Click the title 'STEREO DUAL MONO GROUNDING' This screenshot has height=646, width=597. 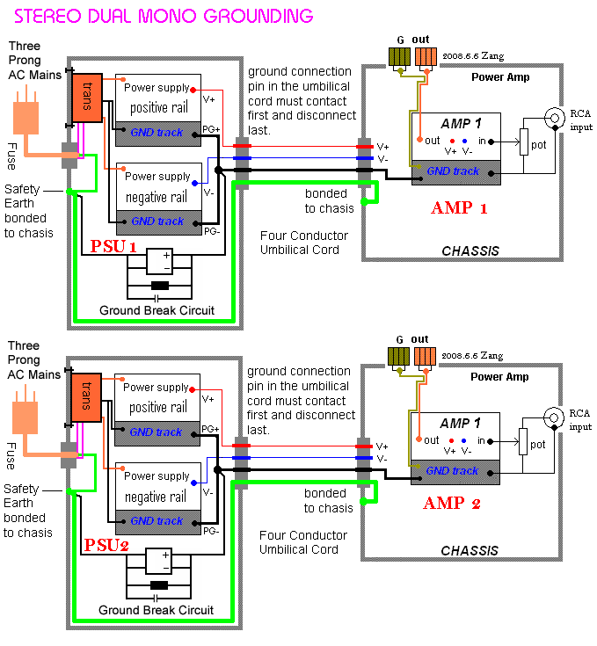[x=164, y=16]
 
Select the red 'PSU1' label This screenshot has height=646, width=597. [x=113, y=247]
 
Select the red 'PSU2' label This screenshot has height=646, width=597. [x=106, y=546]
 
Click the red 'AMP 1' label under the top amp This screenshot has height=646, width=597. [x=458, y=208]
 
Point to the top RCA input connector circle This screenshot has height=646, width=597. [x=555, y=118]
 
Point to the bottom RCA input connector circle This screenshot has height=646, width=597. [x=555, y=417]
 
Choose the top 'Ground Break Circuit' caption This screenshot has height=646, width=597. [x=157, y=310]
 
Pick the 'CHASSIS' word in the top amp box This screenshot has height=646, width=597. [x=470, y=251]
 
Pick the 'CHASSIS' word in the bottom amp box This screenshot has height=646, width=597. [x=470, y=551]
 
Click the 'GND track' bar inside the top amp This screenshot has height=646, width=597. [x=455, y=172]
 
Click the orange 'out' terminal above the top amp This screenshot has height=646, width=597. [x=425, y=57]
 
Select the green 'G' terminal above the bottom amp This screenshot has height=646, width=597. [x=399, y=356]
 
